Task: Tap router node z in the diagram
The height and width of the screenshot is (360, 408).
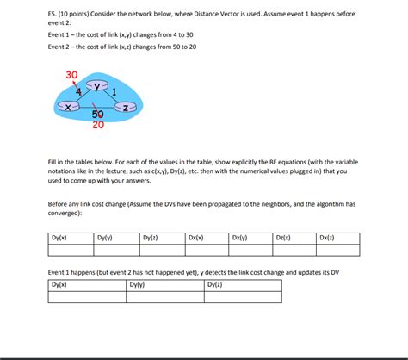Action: coord(127,107)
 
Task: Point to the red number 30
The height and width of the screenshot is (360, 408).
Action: coord(71,75)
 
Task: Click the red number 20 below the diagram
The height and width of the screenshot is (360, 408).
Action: coord(98,124)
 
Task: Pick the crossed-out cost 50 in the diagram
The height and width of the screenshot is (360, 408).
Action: coord(97,114)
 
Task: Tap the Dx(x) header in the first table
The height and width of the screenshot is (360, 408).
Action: coord(195,238)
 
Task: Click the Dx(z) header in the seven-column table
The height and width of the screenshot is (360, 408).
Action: coord(327,238)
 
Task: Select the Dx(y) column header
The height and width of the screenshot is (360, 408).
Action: coord(240,238)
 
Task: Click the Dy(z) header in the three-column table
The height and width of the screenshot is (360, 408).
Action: coord(215,284)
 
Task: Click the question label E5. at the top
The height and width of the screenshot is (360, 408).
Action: coord(53,16)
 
